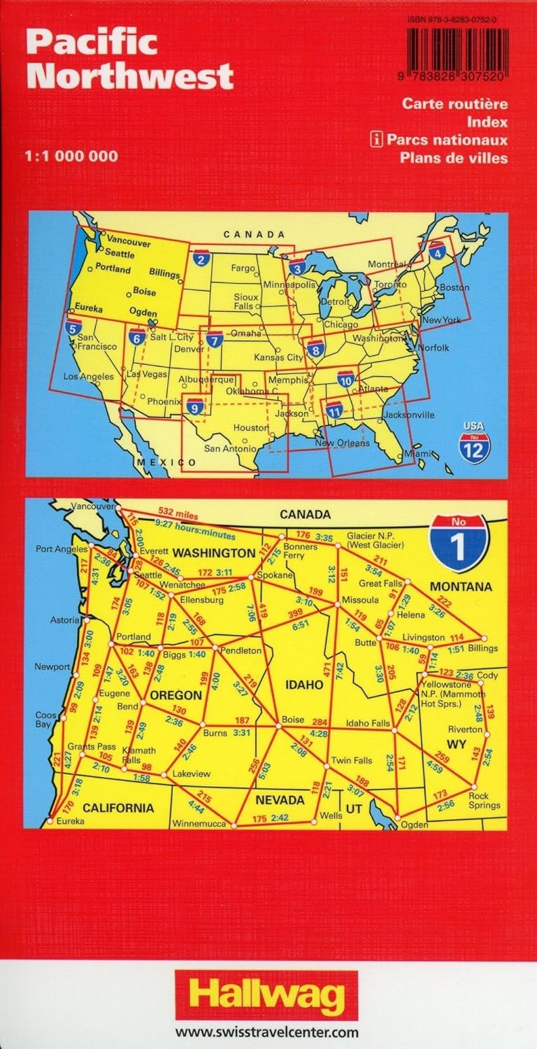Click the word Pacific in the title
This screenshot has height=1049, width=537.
tap(92, 43)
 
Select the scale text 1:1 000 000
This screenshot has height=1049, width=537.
tap(72, 156)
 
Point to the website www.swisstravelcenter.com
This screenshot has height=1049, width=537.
tap(267, 1032)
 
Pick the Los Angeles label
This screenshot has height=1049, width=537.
tap(88, 377)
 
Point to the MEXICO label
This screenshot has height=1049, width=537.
tap(166, 463)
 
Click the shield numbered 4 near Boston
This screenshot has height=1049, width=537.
tap(438, 250)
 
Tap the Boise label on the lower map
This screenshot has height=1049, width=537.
tap(292, 719)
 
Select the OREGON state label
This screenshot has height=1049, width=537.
tap(173, 696)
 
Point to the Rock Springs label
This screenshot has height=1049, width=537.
tap(485, 800)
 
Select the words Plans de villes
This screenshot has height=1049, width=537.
tap(454, 157)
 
